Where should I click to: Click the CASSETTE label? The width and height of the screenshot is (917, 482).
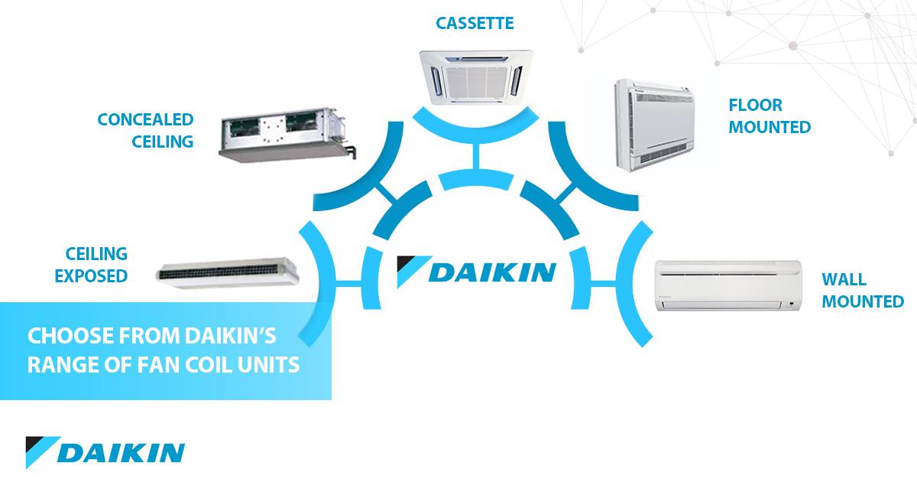pos(475,24)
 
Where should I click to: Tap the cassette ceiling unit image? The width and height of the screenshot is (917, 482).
pos(475,77)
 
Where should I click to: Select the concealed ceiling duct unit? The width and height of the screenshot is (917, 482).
pos(287,134)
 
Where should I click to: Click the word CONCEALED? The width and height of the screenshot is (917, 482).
pos(145,119)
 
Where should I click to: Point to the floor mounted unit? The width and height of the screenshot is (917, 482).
pos(655,125)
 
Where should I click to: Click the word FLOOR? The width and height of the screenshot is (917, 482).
pos(755,106)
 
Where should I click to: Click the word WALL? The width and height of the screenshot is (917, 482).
pos(844,279)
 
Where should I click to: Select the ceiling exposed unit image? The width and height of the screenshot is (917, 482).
pos(228,273)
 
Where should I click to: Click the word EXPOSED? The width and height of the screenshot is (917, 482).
pos(91,276)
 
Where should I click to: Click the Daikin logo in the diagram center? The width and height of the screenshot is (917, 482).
pos(477,272)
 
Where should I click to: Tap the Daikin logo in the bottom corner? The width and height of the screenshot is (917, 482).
pos(105,452)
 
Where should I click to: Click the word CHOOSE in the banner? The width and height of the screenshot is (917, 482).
pos(70,336)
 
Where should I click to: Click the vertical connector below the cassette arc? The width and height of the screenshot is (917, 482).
pos(475,157)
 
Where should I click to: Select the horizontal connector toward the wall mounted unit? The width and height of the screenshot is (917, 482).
pos(604,283)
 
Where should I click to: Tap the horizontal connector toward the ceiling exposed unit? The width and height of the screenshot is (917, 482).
pos(348,283)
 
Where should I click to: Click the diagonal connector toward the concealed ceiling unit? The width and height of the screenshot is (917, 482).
pos(386,192)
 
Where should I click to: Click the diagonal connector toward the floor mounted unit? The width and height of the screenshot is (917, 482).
pos(565,192)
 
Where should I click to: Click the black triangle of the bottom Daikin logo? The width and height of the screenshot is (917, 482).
pos(39,444)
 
